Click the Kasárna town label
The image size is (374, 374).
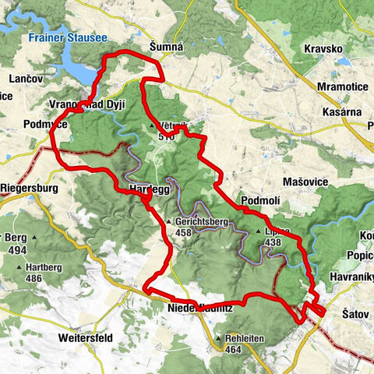pos(344,112)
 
